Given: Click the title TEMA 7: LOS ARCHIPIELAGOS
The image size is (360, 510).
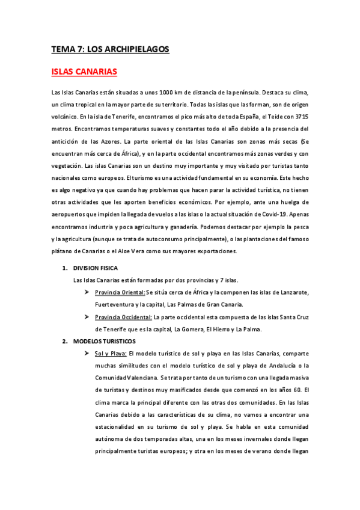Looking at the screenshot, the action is click(x=110, y=49).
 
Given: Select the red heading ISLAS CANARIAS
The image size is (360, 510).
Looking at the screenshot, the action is click(x=84, y=72).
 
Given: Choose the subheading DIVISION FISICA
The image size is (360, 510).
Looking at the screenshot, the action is click(x=96, y=268).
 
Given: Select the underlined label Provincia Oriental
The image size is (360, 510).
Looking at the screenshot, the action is click(x=120, y=292).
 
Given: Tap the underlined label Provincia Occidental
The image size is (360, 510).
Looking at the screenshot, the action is click(x=123, y=317).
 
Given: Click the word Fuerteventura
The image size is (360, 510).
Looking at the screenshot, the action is click(x=116, y=305).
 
